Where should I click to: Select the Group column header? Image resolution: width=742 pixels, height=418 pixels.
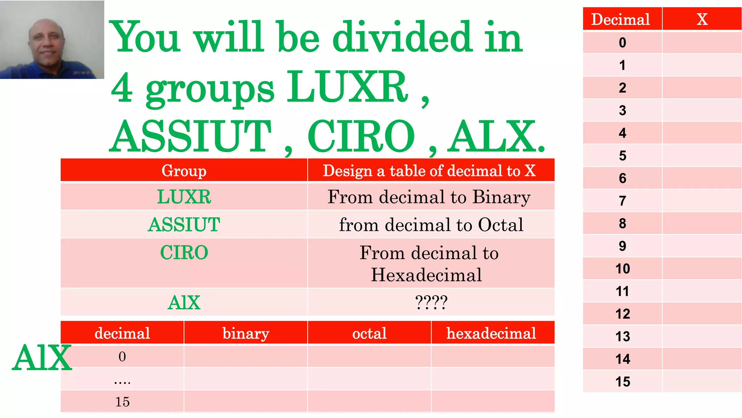coord(184,171)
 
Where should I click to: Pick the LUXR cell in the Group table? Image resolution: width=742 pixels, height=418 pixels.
coord(184,197)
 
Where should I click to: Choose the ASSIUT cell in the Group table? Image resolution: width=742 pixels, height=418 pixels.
coord(184,225)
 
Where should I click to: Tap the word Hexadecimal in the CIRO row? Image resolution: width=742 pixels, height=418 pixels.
coord(426,275)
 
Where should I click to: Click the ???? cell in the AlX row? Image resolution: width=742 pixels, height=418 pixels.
coord(431,302)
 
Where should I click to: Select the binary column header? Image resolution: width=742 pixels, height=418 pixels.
coord(246,333)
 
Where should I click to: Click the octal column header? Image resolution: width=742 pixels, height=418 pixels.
coord(369,333)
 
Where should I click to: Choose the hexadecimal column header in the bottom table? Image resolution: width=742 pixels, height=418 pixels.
coord(491,333)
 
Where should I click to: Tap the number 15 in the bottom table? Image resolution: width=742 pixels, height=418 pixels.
coord(122,402)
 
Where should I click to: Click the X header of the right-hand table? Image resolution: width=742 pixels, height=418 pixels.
coord(702,19)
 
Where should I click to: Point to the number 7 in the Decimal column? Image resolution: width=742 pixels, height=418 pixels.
coord(622,201)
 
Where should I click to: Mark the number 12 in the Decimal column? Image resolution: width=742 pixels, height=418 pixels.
coord(622,314)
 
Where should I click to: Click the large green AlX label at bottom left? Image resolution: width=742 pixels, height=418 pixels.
coord(42,358)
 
